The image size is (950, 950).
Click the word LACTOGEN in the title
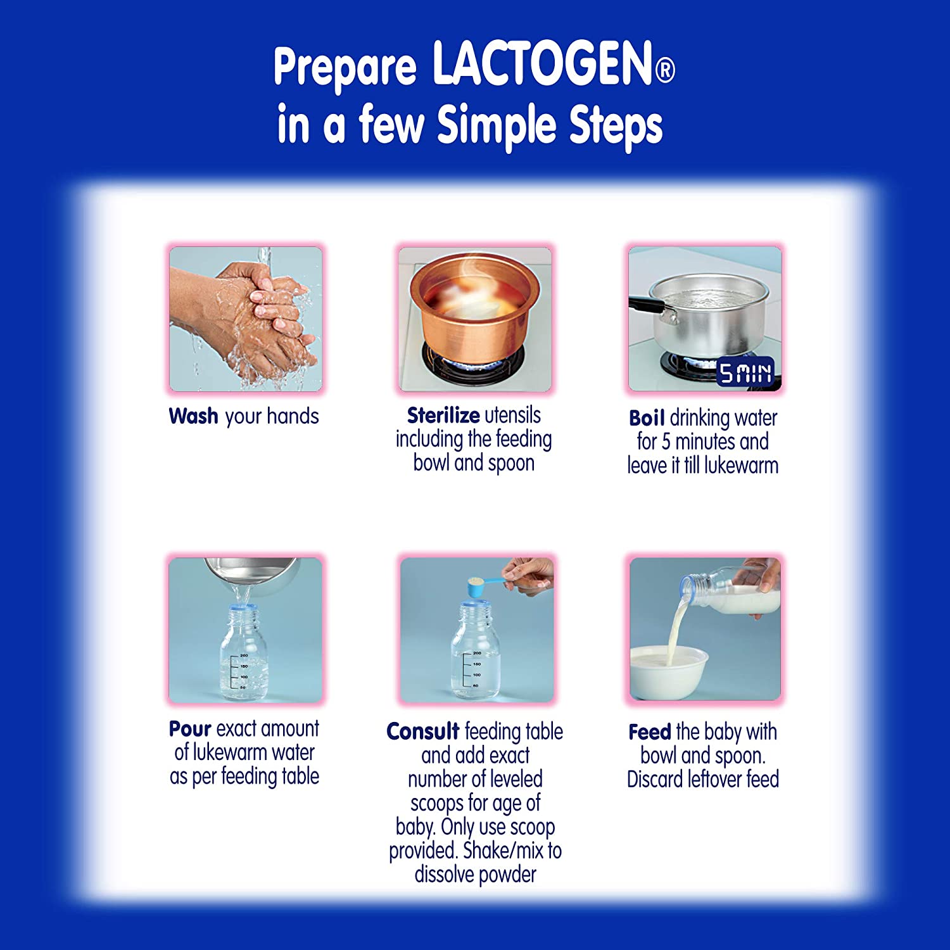pos(542,64)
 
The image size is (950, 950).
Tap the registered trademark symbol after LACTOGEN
pos(664,70)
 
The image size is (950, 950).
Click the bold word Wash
pos(193,416)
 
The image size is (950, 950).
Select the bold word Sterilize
pos(443,415)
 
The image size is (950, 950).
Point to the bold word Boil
pos(646,418)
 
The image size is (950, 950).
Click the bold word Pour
pos(189,729)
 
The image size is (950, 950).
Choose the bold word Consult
pos(422,731)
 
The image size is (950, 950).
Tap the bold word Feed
pos(649,732)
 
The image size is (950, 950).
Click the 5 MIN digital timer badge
pos(745,373)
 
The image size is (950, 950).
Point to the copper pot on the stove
pos(474,304)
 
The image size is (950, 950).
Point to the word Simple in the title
pos(495,125)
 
